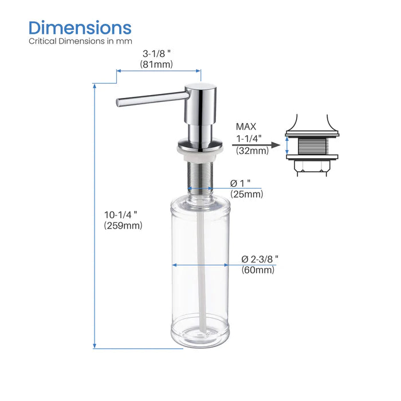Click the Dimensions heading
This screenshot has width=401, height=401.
(80, 27)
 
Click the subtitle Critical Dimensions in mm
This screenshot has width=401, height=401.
(80, 41)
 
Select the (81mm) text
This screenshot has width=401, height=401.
(156, 65)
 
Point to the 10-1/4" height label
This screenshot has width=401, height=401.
(121, 214)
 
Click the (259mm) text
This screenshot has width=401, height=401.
(123, 226)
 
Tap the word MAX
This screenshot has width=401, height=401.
(246, 127)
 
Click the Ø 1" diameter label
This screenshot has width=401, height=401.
(242, 183)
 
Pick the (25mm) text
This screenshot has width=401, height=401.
(246, 194)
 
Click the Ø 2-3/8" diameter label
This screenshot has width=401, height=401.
(260, 259)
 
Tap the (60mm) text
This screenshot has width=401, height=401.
(258, 270)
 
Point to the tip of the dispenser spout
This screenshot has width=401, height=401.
(119, 103)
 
